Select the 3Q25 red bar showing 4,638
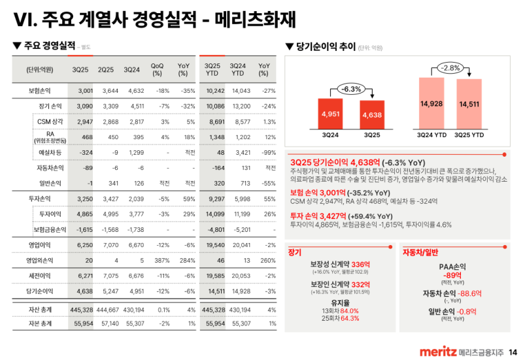pos(372,115)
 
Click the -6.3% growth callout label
pos(352,89)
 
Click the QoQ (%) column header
pos(157,69)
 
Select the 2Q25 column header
pos(107,69)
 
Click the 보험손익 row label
pos(39,91)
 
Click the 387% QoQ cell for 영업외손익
pos(157,259)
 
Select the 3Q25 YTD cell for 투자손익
pos(215,197)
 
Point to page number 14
pos(513,353)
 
